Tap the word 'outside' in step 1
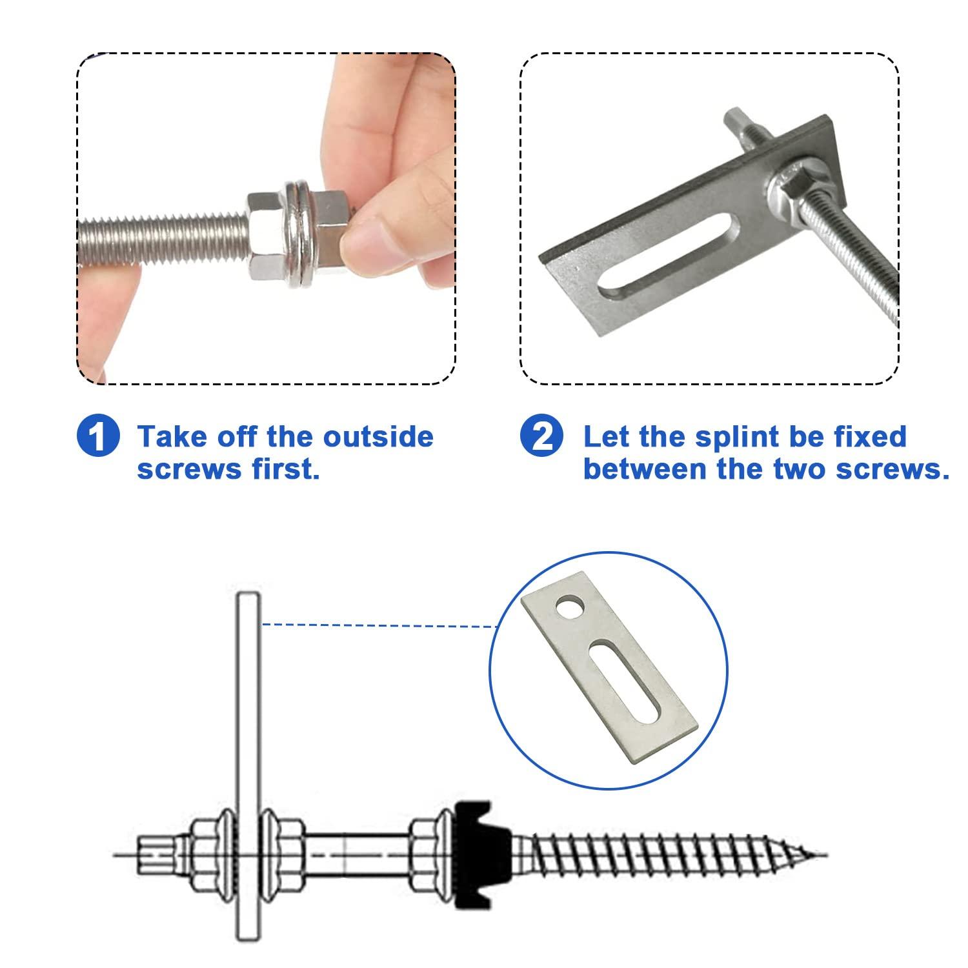pos(378,437)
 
